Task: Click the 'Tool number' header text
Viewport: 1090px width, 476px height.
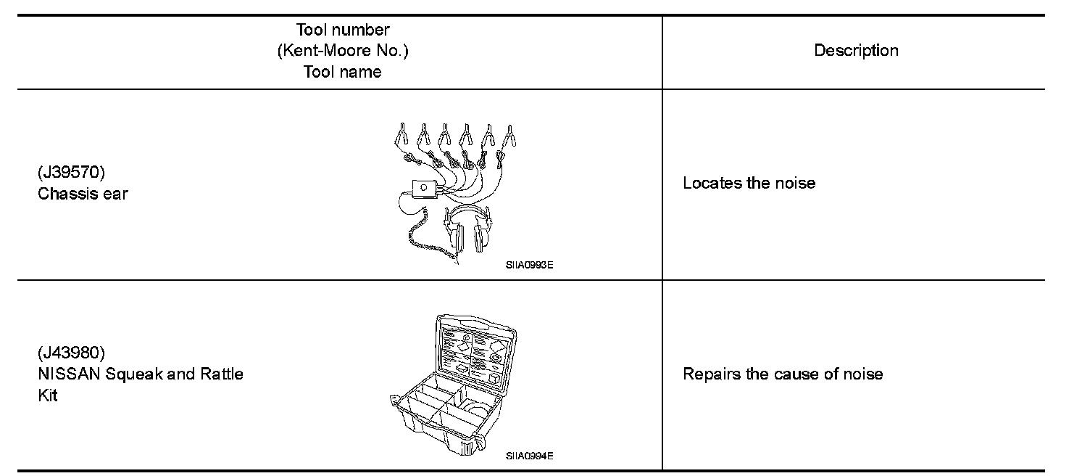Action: (343, 30)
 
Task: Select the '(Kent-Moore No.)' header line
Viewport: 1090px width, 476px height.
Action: (343, 52)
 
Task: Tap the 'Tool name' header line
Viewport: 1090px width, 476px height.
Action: (343, 72)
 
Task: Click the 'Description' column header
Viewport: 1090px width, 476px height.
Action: (856, 51)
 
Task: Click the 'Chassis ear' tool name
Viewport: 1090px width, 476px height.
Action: (83, 194)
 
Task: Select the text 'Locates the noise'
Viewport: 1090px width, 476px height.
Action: (749, 183)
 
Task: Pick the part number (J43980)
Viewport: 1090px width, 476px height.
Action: (71, 353)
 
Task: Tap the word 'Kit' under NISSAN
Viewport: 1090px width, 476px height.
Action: (47, 395)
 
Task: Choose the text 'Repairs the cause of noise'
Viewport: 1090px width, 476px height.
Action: (783, 374)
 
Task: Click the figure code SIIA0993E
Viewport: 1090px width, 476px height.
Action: (530, 265)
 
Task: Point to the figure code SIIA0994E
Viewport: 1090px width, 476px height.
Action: (530, 456)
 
